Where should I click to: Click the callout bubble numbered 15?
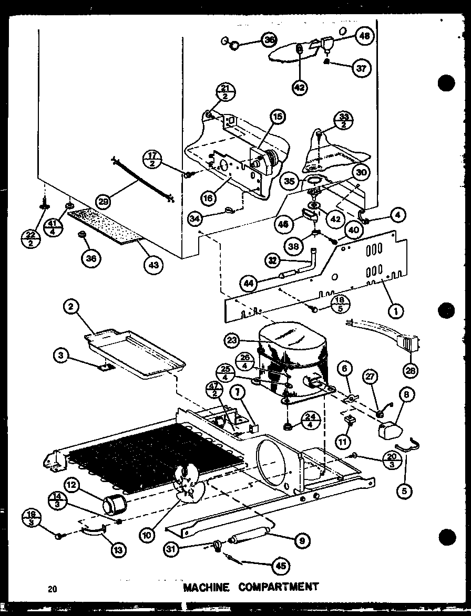277,117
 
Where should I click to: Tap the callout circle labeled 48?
363,36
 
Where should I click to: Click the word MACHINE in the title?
207,586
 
